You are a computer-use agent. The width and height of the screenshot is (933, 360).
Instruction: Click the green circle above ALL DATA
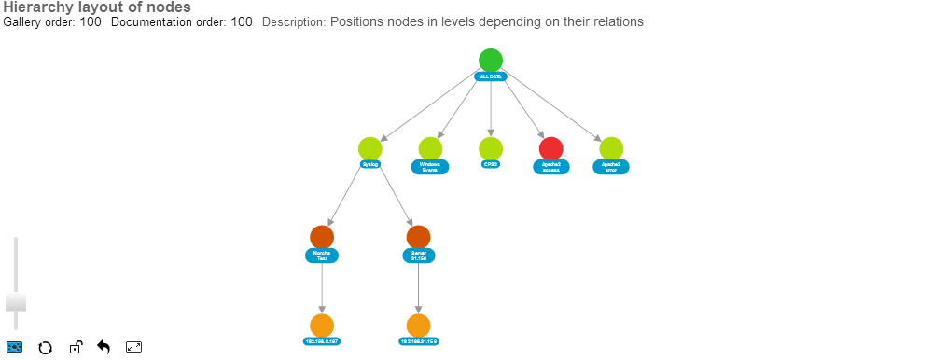tap(491, 61)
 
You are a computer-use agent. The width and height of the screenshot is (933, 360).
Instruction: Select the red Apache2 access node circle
tap(551, 148)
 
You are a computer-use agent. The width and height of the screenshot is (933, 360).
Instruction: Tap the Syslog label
tap(370, 164)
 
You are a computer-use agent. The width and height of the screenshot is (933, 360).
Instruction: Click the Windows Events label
tap(430, 167)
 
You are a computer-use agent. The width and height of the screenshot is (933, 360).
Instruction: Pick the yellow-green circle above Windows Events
tap(430, 148)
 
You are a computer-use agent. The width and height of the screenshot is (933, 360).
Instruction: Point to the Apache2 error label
tap(611, 167)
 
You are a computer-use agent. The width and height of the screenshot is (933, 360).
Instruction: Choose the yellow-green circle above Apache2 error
tap(611, 148)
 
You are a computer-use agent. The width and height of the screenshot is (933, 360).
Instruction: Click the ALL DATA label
tap(491, 76)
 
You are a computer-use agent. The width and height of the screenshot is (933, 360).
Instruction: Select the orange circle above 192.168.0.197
tap(322, 325)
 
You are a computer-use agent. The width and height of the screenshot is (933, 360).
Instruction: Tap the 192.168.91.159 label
tap(419, 341)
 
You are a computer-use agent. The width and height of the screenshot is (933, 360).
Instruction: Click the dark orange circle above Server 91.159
tap(419, 237)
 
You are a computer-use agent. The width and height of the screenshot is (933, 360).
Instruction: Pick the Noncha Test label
tap(322, 256)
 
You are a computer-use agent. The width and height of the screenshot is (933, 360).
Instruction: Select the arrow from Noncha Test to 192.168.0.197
tap(322, 289)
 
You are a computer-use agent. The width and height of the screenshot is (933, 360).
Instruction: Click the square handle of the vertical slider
tap(16, 301)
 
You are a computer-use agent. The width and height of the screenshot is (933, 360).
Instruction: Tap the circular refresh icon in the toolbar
tap(44, 348)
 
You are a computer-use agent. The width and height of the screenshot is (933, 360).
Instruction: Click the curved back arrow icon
tap(104, 348)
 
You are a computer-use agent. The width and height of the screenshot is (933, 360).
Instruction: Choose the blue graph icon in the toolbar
tap(14, 348)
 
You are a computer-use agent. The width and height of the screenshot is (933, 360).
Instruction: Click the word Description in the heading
tap(292, 21)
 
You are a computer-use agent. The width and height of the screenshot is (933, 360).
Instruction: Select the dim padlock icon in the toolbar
tap(75, 348)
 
